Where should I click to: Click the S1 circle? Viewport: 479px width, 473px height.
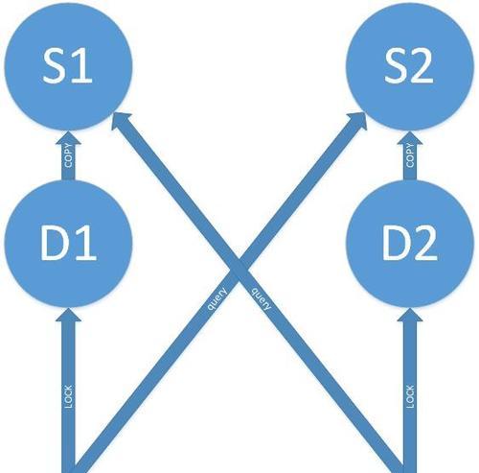(x=68, y=66)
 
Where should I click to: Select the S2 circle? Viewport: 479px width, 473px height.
(x=410, y=66)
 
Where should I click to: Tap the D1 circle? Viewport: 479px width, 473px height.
(x=68, y=244)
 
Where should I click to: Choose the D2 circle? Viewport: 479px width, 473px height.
(x=410, y=244)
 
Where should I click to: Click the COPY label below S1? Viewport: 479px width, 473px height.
(x=68, y=156)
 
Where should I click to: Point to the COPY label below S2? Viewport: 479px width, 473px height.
(x=410, y=155)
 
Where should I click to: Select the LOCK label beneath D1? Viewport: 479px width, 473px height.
(x=68, y=396)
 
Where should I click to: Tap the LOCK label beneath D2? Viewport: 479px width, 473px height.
(x=410, y=396)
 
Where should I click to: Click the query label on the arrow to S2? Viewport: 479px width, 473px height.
(x=217, y=299)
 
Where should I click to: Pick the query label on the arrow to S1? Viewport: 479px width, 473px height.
(x=262, y=299)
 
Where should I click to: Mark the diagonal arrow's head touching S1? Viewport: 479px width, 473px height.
(x=122, y=122)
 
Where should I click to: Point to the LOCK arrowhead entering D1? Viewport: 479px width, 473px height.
(x=68, y=315)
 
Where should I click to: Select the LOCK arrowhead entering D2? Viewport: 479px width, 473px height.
(x=410, y=315)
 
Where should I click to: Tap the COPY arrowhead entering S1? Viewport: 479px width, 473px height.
(x=68, y=137)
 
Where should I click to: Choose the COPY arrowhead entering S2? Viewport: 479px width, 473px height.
(x=410, y=137)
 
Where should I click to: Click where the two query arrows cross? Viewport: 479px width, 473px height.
(x=239, y=266)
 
